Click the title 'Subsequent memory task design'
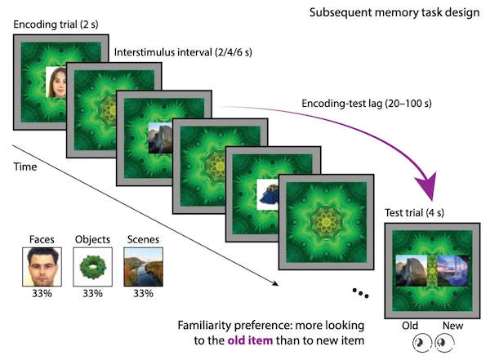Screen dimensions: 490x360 pyautogui.click(x=394, y=13)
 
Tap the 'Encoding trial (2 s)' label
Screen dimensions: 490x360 pyautogui.click(x=56, y=24)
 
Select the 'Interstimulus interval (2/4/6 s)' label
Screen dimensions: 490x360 pyautogui.click(x=183, y=52)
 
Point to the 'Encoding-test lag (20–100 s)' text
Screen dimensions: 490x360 pyautogui.click(x=367, y=104)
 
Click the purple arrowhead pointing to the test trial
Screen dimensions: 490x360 pyautogui.click(x=427, y=186)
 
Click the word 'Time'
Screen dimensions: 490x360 pyautogui.click(x=25, y=167)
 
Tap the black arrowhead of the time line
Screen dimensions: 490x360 pyautogui.click(x=275, y=283)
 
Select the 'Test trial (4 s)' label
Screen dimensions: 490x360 pyautogui.click(x=414, y=213)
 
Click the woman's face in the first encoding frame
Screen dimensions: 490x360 pyautogui.click(x=56, y=82)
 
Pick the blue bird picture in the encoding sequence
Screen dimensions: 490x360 pyautogui.click(x=268, y=195)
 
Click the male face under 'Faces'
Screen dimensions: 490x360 pyautogui.click(x=42, y=267)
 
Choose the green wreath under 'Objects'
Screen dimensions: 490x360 pyautogui.click(x=93, y=267)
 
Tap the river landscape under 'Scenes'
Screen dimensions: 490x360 pyautogui.click(x=144, y=267)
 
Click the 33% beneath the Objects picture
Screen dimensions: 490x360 pyautogui.click(x=93, y=293)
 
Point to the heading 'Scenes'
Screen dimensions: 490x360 pyautogui.click(x=143, y=239)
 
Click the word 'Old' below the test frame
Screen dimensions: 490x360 pyautogui.click(x=410, y=326)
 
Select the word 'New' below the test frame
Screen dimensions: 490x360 pyautogui.click(x=452, y=326)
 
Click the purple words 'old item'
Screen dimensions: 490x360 pyautogui.click(x=250, y=340)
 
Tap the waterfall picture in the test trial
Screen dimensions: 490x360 pyautogui.click(x=453, y=271)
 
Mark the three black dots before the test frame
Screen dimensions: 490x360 pyautogui.click(x=360, y=293)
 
